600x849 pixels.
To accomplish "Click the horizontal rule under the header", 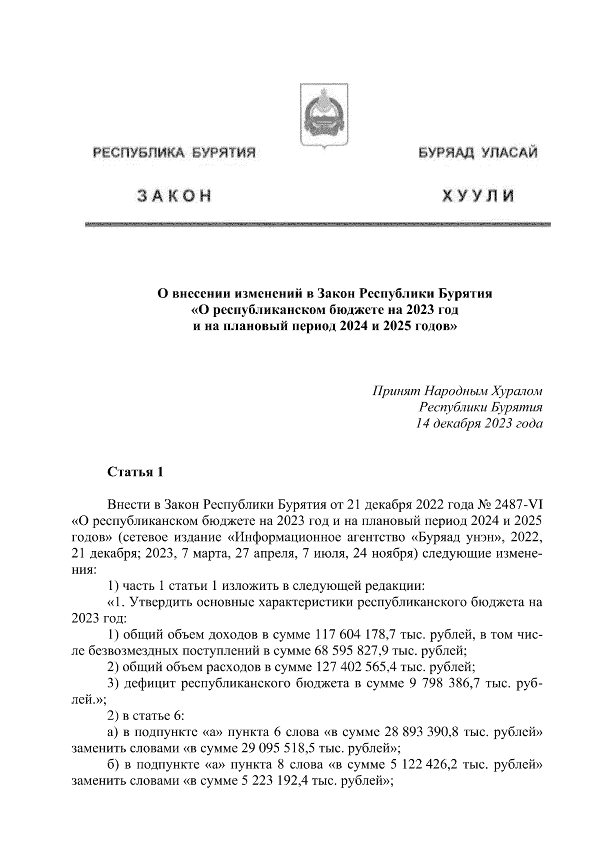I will [318, 225].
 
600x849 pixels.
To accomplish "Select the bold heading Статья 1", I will [135, 472].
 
